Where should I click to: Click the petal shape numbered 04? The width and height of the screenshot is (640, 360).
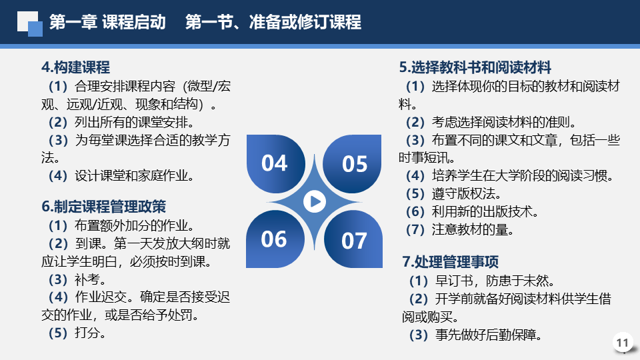275,164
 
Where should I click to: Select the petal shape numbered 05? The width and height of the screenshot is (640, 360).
352,164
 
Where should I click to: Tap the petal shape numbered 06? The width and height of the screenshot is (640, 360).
275,239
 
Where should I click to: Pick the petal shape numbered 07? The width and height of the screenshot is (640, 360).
353,239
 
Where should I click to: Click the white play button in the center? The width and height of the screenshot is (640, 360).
315,201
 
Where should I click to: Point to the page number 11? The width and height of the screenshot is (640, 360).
622,343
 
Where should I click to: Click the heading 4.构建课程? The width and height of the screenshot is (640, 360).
75,67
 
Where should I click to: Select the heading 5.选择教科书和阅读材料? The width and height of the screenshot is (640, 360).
475,67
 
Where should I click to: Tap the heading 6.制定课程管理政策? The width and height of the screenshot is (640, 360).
104,207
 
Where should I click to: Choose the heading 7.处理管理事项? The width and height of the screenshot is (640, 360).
450,261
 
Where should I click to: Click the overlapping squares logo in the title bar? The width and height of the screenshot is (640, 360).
30,24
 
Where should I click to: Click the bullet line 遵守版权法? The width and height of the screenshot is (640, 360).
453,193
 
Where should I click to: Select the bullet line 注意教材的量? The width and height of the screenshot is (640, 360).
459,229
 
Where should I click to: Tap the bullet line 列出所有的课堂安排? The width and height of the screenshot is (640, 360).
121,122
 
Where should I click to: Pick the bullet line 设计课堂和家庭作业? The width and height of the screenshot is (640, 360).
121,175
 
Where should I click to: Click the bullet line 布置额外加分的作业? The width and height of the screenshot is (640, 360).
121,225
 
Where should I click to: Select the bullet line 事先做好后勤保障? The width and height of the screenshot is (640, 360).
475,335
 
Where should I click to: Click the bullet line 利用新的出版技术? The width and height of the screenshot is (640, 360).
472,211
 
